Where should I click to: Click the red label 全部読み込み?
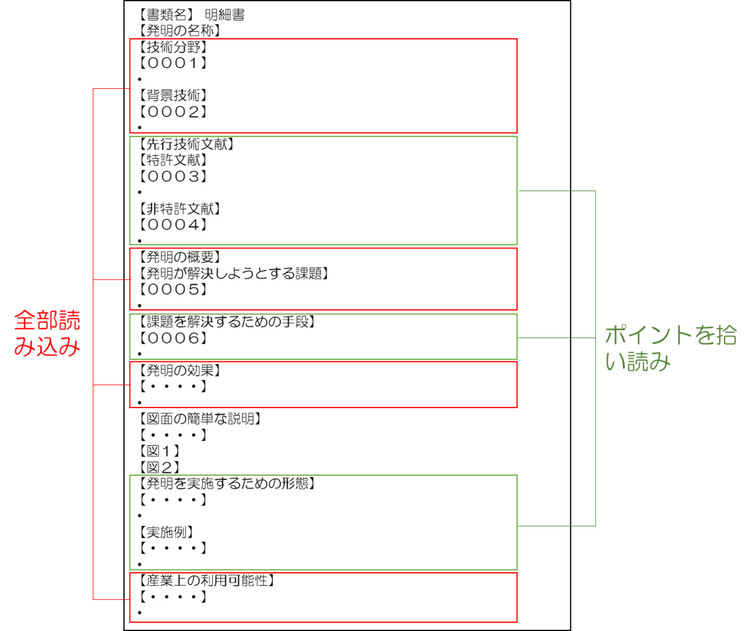tap(48, 333)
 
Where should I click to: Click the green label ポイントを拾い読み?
tap(670, 348)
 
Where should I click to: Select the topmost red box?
tap(324, 86)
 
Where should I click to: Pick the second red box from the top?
tap(324, 279)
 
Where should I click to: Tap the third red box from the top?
tap(324, 384)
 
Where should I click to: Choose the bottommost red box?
tap(324, 597)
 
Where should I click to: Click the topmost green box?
tap(324, 190)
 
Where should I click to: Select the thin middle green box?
tap(324, 337)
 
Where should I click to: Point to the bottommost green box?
tap(324, 523)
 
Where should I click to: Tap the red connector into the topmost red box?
tap(111, 89)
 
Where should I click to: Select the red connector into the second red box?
tap(111, 280)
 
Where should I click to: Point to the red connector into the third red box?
tap(111, 385)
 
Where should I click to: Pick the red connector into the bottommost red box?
tap(111, 600)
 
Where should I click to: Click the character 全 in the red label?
tap(25, 321)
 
